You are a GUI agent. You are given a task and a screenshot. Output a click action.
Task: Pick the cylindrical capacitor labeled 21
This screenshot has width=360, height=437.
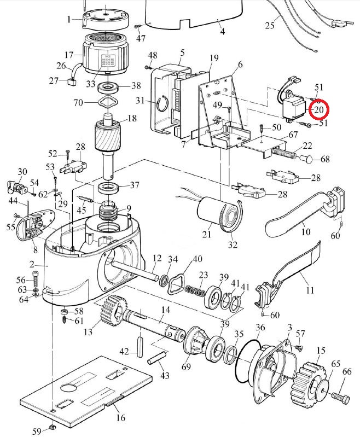(x=211, y=214)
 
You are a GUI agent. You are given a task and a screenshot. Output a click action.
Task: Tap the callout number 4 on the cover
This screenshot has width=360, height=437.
(x=223, y=31)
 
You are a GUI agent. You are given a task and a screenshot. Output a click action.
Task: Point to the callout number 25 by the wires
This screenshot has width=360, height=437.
(x=269, y=25)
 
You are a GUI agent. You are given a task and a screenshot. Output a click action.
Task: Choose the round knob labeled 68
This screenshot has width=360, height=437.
(x=309, y=160)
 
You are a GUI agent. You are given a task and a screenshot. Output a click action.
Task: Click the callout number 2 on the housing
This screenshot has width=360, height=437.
(x=32, y=265)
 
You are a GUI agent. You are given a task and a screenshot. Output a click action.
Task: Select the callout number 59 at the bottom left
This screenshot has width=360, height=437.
(x=36, y=432)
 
